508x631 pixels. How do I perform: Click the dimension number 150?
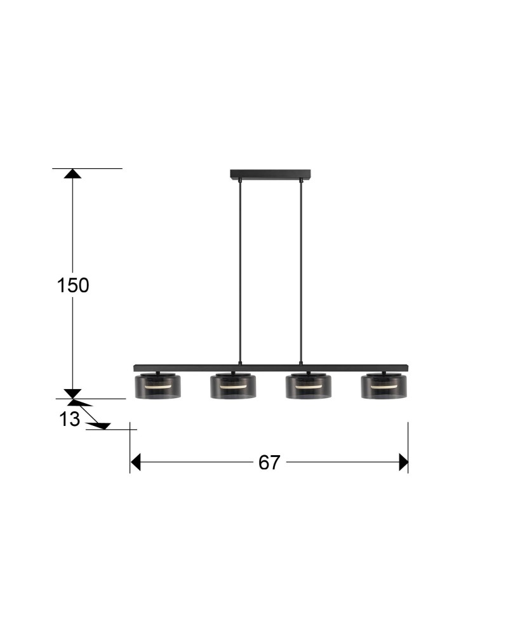(73, 285)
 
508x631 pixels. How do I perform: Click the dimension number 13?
(70, 420)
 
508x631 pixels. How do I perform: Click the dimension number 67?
(269, 462)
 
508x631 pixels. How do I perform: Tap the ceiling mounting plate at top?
(271, 174)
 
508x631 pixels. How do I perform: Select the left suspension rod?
(240, 272)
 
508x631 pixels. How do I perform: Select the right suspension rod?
(301, 272)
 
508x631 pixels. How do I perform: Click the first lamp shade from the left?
(157, 385)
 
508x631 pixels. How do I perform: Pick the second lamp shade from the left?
(233, 385)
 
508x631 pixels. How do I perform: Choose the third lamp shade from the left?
(309, 385)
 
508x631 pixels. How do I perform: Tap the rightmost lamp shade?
(384, 385)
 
